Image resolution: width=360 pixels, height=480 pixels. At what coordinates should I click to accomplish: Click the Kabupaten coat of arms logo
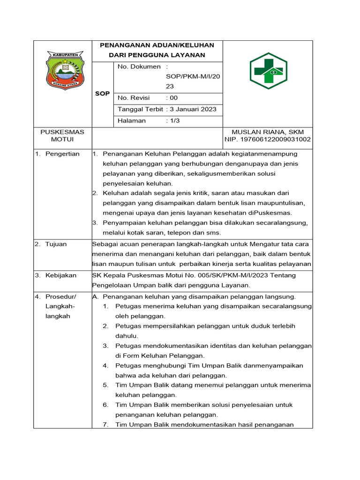(x=65, y=71)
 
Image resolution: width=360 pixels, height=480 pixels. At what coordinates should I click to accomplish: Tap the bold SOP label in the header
(x=102, y=94)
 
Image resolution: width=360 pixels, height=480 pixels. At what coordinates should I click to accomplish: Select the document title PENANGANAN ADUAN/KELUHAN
(x=157, y=45)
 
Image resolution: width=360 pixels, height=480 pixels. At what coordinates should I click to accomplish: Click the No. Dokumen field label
(x=139, y=67)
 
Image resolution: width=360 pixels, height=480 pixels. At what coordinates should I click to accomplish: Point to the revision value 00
(x=174, y=98)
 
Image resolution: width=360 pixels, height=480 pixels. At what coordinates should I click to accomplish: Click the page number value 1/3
(x=175, y=120)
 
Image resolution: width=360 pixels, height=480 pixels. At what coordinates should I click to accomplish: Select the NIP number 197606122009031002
(x=267, y=140)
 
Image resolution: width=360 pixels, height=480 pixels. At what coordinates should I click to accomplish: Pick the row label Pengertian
(x=62, y=154)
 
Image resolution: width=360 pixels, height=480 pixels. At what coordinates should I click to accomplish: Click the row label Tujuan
(x=56, y=244)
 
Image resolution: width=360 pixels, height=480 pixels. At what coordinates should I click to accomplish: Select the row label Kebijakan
(x=60, y=276)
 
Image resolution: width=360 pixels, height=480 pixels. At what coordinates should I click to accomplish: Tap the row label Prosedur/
(x=60, y=297)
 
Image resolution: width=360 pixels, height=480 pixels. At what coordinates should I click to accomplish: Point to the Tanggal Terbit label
(x=141, y=109)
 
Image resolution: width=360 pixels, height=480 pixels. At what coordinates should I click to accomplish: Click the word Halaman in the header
(x=132, y=120)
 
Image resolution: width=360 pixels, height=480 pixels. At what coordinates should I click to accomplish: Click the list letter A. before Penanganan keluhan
(x=95, y=297)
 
